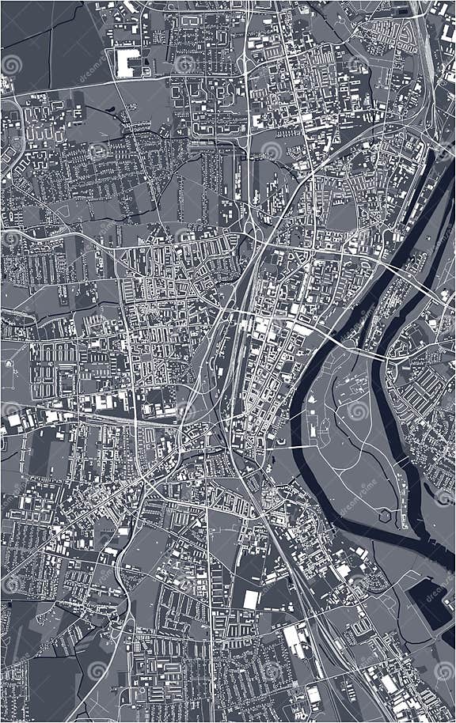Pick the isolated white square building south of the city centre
[x=251, y=599]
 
